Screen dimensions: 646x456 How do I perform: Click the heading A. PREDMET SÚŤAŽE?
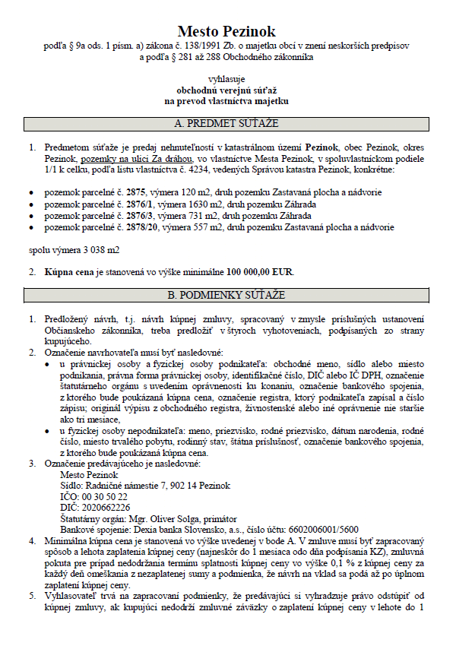[226, 122]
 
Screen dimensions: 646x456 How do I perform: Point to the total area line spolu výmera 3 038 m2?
[74, 249]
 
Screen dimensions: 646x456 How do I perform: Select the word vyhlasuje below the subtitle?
[226, 78]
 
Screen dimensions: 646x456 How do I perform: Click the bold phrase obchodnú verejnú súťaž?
[226, 89]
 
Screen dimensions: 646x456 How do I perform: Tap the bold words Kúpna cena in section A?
[70, 271]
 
